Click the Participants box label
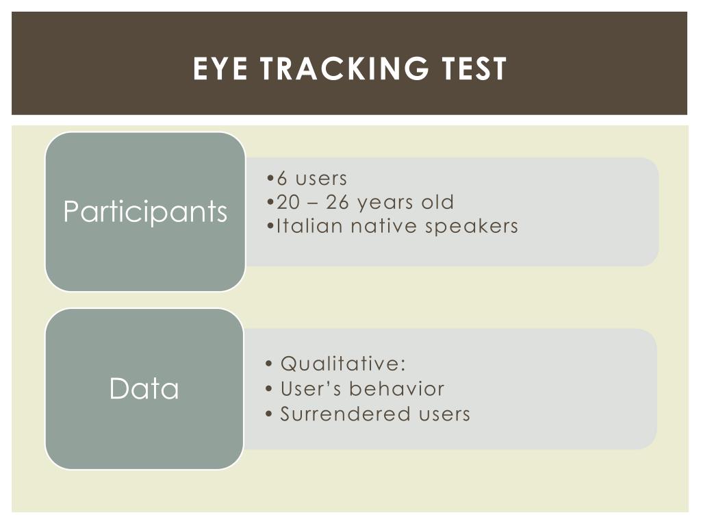pos(145,212)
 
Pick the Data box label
pos(144,389)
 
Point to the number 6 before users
pos(281,179)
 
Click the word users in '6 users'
pos(321,179)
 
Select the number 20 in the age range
pos(285,202)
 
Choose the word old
pos(437,202)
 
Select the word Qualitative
pos(343,364)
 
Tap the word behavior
pos(396,388)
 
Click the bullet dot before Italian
pos(271,225)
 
